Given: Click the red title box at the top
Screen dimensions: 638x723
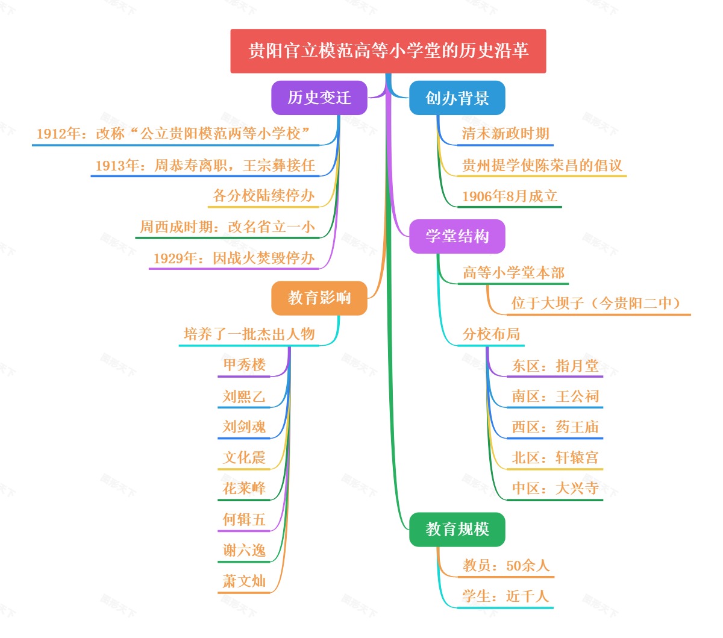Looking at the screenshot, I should (388, 51).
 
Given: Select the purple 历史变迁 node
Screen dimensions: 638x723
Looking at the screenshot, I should (319, 98).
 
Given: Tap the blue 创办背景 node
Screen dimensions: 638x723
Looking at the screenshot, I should (457, 98).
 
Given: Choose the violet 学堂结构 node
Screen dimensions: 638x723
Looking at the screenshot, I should (457, 236).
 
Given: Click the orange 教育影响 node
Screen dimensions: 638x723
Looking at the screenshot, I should (319, 298).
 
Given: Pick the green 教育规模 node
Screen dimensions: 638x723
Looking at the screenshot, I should (457, 530).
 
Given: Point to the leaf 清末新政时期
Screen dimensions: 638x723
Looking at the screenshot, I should (505, 134).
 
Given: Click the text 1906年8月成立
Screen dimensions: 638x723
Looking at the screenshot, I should (510, 196).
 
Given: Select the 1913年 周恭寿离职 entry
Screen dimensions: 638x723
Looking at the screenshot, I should (205, 165).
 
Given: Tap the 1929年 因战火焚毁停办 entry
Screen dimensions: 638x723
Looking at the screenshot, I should (234, 258).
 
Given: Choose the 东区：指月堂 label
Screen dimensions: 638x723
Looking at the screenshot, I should (555, 366).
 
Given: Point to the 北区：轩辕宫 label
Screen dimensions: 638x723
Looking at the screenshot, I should (555, 458).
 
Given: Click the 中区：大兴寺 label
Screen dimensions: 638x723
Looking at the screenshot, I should (555, 489).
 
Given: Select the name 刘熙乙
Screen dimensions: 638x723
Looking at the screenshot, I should (244, 396).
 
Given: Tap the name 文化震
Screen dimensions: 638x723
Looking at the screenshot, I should (244, 458).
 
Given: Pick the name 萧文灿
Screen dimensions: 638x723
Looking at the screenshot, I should (244, 581).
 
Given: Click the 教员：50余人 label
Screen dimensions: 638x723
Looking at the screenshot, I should (506, 566).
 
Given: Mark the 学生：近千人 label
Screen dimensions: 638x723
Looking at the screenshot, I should (505, 596).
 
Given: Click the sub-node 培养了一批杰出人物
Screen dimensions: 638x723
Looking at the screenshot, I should (249, 334).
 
